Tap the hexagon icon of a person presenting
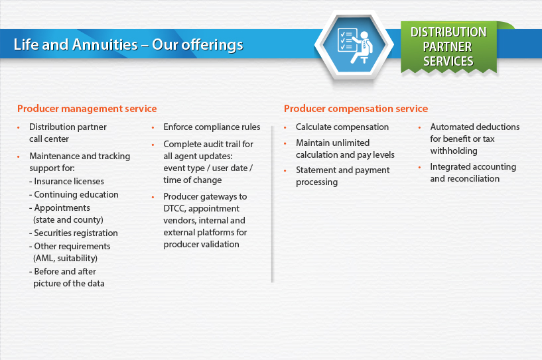(354, 45)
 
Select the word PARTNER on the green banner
(447, 46)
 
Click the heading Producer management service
(87, 109)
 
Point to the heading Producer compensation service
(356, 109)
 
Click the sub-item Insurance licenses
(69, 181)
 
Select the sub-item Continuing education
(76, 194)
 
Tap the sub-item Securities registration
(76, 233)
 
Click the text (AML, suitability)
(65, 258)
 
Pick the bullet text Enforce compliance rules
(212, 127)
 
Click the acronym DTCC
(174, 209)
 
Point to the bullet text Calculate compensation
(342, 127)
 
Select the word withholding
(454, 151)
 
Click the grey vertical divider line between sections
(273, 204)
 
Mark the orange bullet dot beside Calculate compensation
(285, 128)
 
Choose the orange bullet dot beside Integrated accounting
(420, 168)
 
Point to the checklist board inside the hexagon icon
(348, 40)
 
